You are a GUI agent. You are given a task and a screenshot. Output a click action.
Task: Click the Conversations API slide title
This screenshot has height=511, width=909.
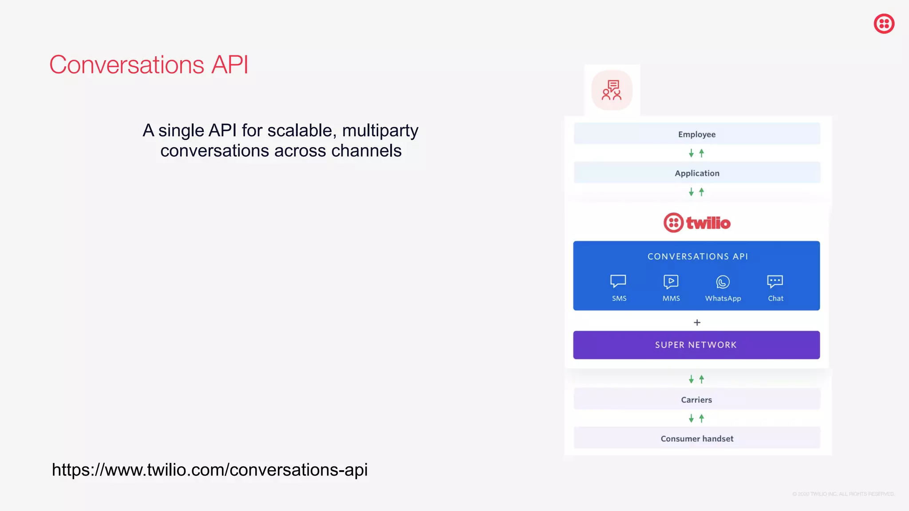pyautogui.click(x=149, y=65)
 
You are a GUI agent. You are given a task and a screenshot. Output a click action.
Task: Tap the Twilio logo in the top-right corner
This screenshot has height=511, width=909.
pyautogui.click(x=884, y=24)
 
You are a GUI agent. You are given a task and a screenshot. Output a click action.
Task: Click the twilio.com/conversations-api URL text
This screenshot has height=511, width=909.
pyautogui.click(x=209, y=470)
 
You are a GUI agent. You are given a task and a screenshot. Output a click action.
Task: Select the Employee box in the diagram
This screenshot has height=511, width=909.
pyautogui.click(x=696, y=134)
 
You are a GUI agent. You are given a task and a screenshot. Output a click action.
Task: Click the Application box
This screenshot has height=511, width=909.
pyautogui.click(x=696, y=173)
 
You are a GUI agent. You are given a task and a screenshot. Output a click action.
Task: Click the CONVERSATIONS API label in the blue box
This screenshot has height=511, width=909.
pyautogui.click(x=697, y=256)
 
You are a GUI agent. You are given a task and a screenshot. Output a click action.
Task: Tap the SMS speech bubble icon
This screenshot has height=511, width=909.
pyautogui.click(x=618, y=281)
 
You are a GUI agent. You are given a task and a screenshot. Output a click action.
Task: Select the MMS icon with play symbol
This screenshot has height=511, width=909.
pyautogui.click(x=671, y=282)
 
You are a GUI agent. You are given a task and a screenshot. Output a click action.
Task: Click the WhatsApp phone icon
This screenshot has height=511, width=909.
pyautogui.click(x=723, y=282)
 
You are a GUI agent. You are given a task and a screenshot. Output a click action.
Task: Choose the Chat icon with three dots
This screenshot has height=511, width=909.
pyautogui.click(x=775, y=282)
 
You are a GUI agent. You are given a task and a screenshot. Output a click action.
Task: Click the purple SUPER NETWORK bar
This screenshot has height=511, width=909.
pyautogui.click(x=696, y=345)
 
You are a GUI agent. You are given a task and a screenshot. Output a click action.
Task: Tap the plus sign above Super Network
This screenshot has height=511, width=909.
pyautogui.click(x=697, y=322)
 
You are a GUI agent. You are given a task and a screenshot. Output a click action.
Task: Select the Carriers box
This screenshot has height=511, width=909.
pyautogui.click(x=696, y=400)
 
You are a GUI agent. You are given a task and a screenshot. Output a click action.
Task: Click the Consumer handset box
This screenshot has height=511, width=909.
pyautogui.click(x=696, y=439)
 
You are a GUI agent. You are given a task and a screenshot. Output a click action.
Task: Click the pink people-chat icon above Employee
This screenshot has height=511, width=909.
pyautogui.click(x=612, y=90)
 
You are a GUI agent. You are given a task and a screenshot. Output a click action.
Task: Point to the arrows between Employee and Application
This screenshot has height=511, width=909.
pyautogui.click(x=696, y=153)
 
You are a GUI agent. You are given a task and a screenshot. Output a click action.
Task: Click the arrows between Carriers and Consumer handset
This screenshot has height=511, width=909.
pyautogui.click(x=696, y=418)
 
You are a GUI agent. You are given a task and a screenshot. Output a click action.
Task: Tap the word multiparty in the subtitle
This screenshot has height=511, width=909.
pyautogui.click(x=380, y=131)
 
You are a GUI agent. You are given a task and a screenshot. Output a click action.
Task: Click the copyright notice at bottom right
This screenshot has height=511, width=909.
pyautogui.click(x=843, y=494)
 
